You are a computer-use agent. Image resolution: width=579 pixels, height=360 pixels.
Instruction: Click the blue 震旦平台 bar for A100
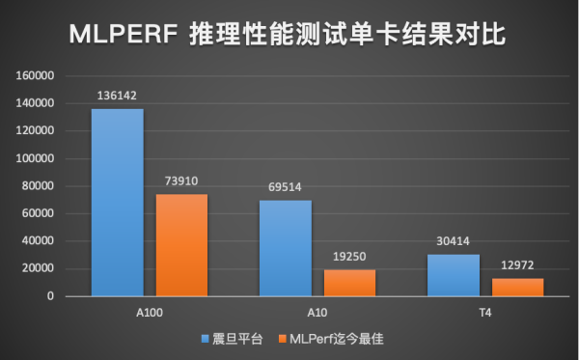tap(117, 203)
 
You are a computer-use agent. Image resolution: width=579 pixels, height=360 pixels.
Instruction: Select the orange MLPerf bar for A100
tap(181, 245)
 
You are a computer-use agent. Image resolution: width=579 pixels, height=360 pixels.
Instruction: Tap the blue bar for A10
tap(285, 248)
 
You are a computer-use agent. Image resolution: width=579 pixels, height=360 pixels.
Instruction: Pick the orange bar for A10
tap(349, 283)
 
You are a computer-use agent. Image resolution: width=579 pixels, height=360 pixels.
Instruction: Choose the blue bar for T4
tap(453, 275)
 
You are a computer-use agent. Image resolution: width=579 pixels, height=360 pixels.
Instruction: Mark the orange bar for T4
tap(517, 287)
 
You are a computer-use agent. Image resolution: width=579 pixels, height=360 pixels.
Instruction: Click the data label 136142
tap(117, 97)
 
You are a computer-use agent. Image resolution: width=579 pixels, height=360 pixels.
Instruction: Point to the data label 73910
tap(181, 182)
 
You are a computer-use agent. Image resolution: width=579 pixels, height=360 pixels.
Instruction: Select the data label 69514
tap(285, 188)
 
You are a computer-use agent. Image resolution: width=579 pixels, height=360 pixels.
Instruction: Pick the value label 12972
tap(517, 266)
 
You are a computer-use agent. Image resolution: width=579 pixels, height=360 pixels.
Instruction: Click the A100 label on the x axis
tap(149, 314)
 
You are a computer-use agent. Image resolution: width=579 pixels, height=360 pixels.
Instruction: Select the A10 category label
tap(317, 314)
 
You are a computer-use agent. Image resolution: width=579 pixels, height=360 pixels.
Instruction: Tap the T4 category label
tap(484, 314)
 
